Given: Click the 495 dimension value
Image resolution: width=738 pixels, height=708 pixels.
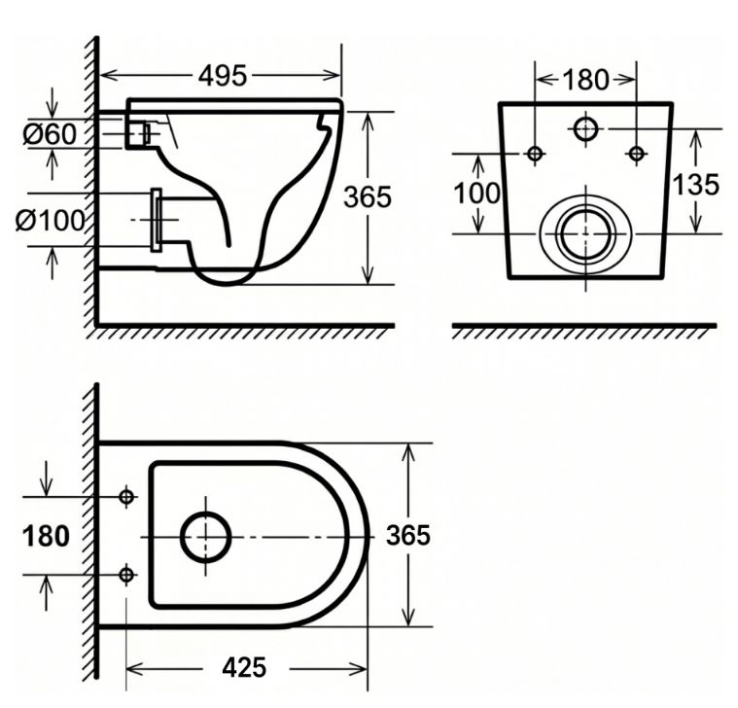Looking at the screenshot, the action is (223, 75).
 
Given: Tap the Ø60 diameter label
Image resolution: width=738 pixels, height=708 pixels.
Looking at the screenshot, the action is (50, 133).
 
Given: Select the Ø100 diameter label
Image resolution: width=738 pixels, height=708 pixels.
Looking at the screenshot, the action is (50, 220).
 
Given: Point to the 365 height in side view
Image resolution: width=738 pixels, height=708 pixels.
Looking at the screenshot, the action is (368, 196).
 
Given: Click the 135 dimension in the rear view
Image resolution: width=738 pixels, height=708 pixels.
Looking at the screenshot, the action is (696, 184).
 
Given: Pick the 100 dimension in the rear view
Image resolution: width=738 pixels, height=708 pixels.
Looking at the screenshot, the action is (476, 193).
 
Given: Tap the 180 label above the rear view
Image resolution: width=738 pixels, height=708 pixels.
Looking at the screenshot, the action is (585, 80).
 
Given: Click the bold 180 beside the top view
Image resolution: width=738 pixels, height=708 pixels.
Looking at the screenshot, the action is (46, 536).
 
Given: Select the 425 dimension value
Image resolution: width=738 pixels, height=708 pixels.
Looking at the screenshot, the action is (244, 667).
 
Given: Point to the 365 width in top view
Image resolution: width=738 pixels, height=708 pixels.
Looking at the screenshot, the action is (408, 535).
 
